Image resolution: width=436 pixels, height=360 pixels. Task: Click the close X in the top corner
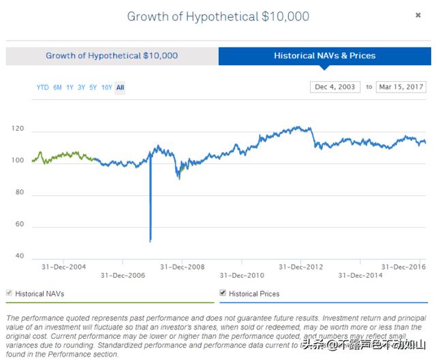(418, 15)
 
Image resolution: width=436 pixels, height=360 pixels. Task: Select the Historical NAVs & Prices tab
(324, 56)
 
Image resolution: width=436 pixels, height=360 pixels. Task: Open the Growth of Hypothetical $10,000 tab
(112, 56)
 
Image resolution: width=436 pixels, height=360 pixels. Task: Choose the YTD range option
(42, 87)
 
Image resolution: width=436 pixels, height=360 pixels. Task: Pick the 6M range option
(57, 87)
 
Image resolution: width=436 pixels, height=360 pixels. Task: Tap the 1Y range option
(69, 87)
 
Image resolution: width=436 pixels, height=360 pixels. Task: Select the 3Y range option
(81, 87)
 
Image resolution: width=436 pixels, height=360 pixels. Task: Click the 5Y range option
(93, 87)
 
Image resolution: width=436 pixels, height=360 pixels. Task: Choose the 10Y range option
(106, 87)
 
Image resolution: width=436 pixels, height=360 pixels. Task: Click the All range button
(120, 87)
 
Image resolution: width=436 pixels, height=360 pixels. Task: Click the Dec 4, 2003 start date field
(334, 87)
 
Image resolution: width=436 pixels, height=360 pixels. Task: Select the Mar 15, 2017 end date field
(401, 87)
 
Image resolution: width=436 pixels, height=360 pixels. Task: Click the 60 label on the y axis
(20, 224)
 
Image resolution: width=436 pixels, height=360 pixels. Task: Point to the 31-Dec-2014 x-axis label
(361, 276)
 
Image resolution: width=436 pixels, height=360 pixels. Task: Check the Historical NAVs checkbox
(10, 293)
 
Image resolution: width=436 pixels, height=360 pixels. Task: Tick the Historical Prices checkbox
(223, 293)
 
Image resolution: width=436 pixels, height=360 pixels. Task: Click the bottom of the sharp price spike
(150, 240)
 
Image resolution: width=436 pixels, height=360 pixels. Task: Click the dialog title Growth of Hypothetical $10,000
(217, 16)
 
